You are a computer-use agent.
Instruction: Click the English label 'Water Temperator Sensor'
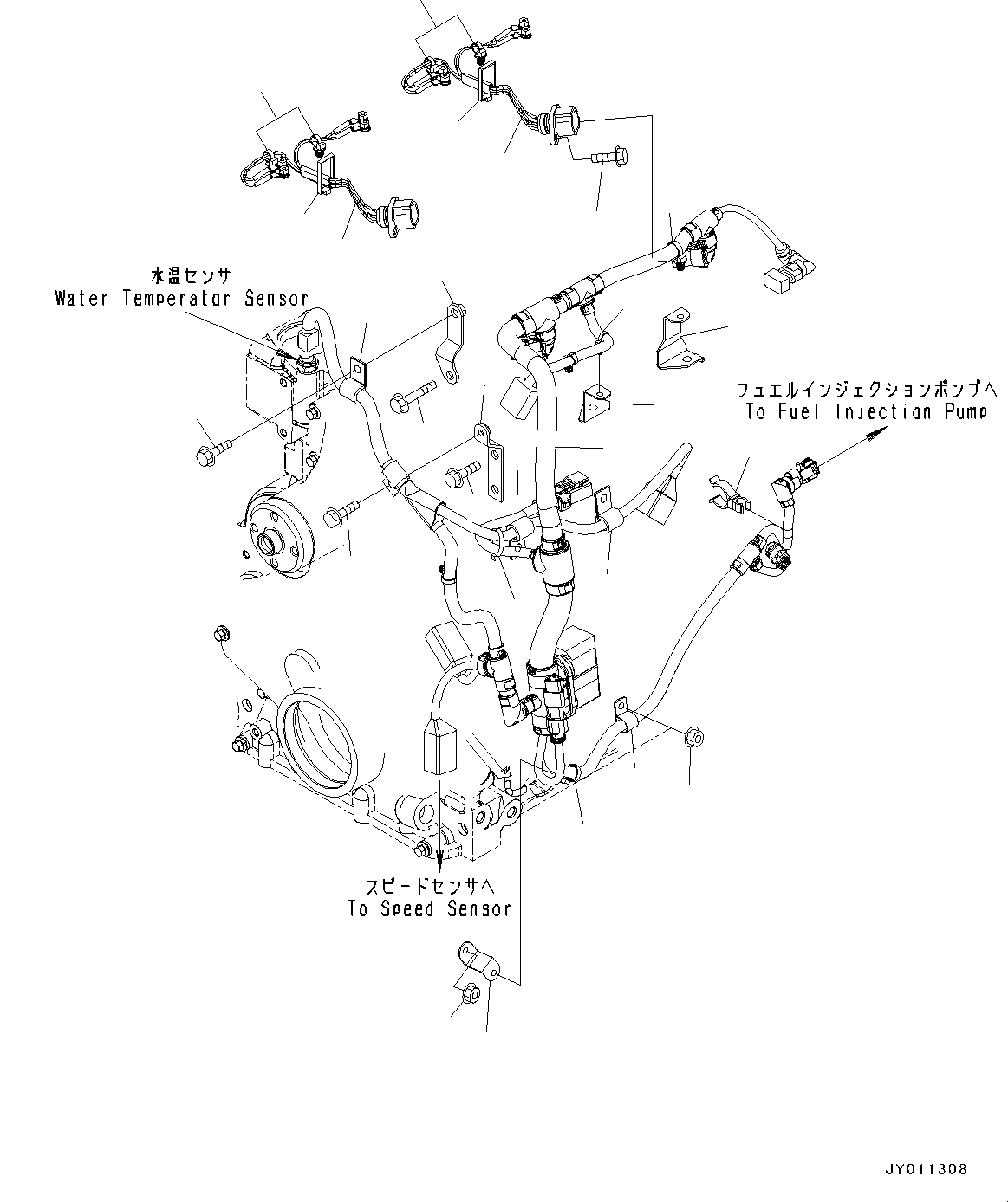[181, 299]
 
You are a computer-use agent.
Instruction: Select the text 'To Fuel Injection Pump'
[865, 412]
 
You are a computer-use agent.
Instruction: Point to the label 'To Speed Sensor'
[429, 909]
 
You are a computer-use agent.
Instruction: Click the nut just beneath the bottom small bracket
[469, 993]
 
